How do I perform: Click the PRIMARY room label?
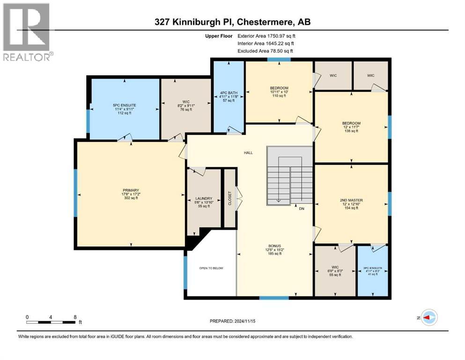(131, 190)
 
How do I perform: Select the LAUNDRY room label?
(205, 198)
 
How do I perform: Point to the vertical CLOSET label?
(229, 198)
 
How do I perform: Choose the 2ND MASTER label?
(351, 200)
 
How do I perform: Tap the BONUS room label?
(274, 244)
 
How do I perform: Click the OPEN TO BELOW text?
(211, 268)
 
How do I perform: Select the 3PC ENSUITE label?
(373, 268)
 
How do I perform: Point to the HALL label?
(248, 152)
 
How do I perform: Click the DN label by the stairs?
(302, 209)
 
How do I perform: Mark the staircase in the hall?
(289, 176)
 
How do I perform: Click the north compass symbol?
(428, 318)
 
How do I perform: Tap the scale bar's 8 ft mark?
(75, 316)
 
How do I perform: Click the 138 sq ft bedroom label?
(351, 127)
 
